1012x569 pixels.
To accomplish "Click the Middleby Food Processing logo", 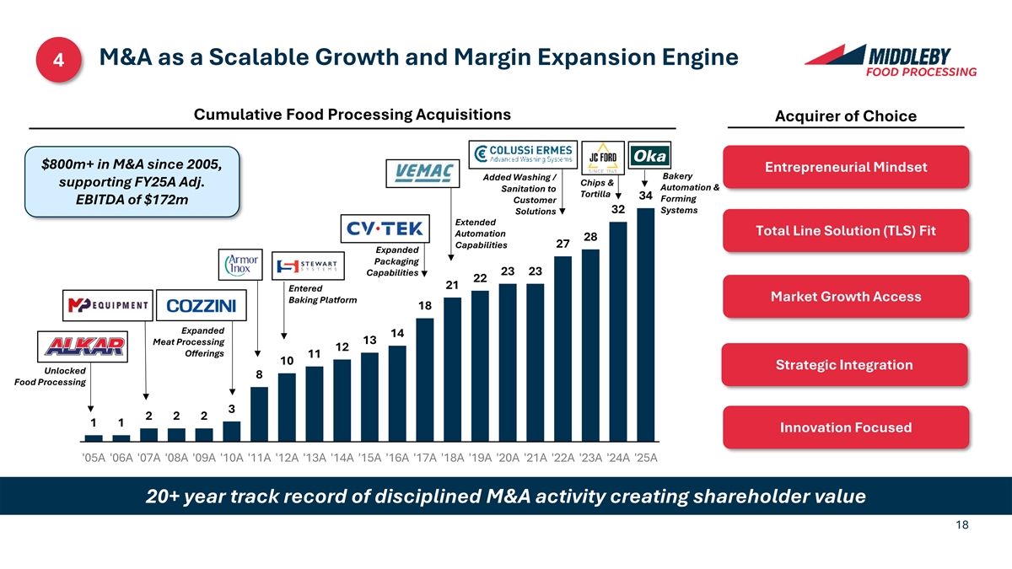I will (891, 60).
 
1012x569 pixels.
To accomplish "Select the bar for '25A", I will (646, 325).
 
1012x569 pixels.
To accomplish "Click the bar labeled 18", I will (424, 379).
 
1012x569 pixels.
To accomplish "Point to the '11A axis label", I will (260, 459).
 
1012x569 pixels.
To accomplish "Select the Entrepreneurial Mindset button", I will (845, 167).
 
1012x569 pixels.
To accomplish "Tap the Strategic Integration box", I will (845, 365).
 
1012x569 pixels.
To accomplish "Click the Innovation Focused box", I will (845, 427).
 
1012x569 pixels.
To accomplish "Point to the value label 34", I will (646, 196).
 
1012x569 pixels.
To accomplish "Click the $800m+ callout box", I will (132, 181).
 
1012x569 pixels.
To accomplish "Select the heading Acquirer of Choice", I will (845, 116).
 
